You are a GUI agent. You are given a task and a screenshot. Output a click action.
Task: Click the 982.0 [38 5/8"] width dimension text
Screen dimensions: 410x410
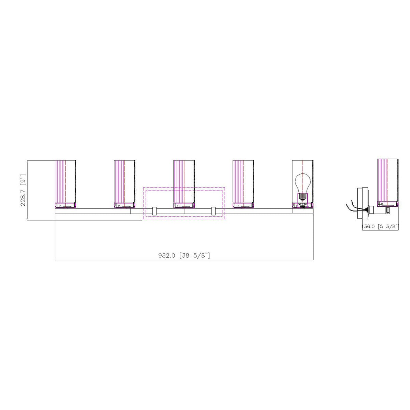point(184,256)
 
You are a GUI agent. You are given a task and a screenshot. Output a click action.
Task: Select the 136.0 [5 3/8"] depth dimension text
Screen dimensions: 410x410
point(380,227)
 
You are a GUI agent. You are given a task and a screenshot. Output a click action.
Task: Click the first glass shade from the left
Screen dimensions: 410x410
point(65,181)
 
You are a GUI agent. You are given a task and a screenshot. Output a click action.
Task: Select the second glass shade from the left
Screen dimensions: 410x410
point(124,181)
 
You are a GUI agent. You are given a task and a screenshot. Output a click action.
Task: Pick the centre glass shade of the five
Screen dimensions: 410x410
point(184,181)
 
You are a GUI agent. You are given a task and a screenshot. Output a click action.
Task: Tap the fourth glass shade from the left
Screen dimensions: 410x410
point(243,181)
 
